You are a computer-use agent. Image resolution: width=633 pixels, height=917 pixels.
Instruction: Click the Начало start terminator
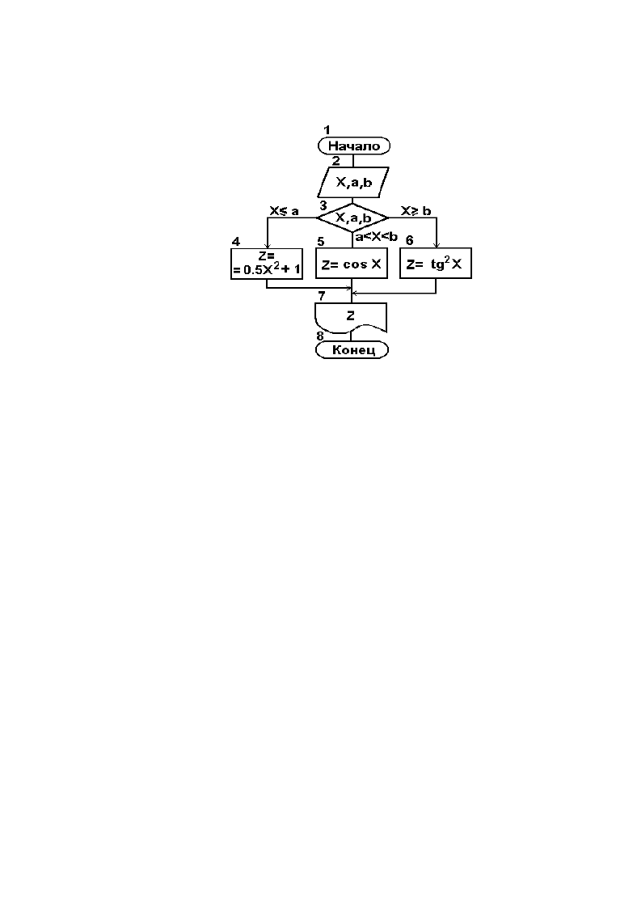click(x=353, y=146)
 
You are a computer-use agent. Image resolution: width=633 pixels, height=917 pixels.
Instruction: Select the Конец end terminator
click(x=352, y=349)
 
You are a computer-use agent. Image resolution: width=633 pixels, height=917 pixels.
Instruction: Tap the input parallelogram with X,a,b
click(x=353, y=183)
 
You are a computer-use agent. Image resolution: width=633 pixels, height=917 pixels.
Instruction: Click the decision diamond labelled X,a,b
click(x=352, y=218)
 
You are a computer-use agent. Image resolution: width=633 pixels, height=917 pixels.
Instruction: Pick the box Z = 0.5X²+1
click(x=267, y=264)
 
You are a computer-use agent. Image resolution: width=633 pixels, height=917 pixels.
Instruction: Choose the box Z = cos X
click(x=352, y=264)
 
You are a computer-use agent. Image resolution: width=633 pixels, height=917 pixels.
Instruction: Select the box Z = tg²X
click(x=436, y=264)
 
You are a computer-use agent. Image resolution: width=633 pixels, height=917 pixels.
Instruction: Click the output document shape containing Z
click(x=351, y=318)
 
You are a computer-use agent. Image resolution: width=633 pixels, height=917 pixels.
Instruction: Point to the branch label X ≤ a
click(x=284, y=211)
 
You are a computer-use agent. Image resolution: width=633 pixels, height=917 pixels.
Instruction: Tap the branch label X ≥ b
click(x=416, y=211)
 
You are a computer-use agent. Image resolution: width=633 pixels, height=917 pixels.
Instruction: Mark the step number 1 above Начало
click(x=327, y=130)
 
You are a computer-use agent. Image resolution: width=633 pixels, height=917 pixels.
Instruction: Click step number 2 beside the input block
click(x=335, y=161)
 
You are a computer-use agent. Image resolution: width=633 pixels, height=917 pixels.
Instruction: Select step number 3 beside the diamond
click(x=323, y=206)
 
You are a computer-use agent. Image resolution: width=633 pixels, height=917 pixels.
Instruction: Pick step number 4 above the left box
click(x=235, y=242)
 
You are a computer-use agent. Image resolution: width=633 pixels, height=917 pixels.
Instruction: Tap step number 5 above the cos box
click(x=320, y=242)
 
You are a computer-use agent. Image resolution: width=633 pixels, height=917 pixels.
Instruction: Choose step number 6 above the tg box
click(x=409, y=241)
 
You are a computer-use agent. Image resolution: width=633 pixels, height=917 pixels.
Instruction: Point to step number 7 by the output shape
click(x=322, y=296)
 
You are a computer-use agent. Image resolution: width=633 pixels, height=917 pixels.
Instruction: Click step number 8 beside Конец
click(x=319, y=336)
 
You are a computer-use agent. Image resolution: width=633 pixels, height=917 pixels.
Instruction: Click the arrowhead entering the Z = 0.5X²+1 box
click(x=267, y=246)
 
